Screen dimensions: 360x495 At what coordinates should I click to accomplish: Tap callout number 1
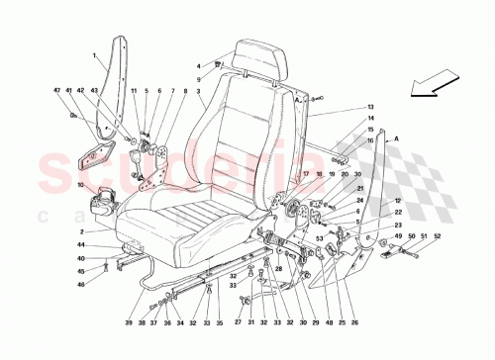95,54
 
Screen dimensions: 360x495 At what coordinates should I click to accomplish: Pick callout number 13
371,107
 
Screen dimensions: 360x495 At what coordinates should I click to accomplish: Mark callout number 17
306,174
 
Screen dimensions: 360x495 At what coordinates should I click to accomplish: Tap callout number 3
201,92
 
